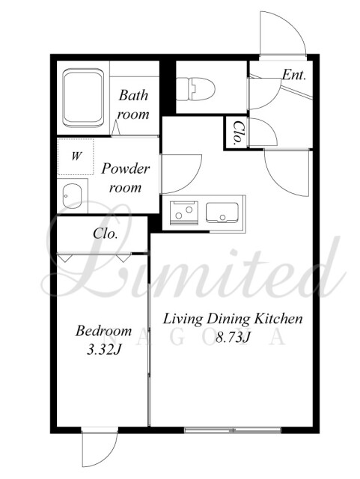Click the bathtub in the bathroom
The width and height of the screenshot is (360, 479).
(x=83, y=98)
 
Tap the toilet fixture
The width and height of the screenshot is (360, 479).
(x=195, y=89)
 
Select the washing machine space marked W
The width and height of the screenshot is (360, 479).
(x=76, y=156)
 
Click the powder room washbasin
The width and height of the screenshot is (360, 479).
(x=72, y=196)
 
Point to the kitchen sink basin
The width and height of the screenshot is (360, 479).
(x=222, y=213)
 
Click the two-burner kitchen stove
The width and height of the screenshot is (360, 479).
(x=183, y=213)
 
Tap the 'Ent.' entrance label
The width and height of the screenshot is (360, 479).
(x=293, y=75)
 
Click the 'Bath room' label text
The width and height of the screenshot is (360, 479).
(x=133, y=105)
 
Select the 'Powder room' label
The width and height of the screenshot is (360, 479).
(x=126, y=177)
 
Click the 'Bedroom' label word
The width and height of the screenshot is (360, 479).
(x=103, y=331)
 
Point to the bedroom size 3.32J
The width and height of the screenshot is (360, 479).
(x=104, y=350)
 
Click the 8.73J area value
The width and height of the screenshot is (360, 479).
(x=234, y=338)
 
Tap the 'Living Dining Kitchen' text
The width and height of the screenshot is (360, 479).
(x=233, y=319)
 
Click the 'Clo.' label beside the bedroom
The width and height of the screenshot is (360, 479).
(x=106, y=234)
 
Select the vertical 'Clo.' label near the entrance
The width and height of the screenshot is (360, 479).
(x=239, y=133)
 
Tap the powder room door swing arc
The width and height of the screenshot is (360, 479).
(x=181, y=174)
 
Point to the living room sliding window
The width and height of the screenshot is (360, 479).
(x=233, y=430)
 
